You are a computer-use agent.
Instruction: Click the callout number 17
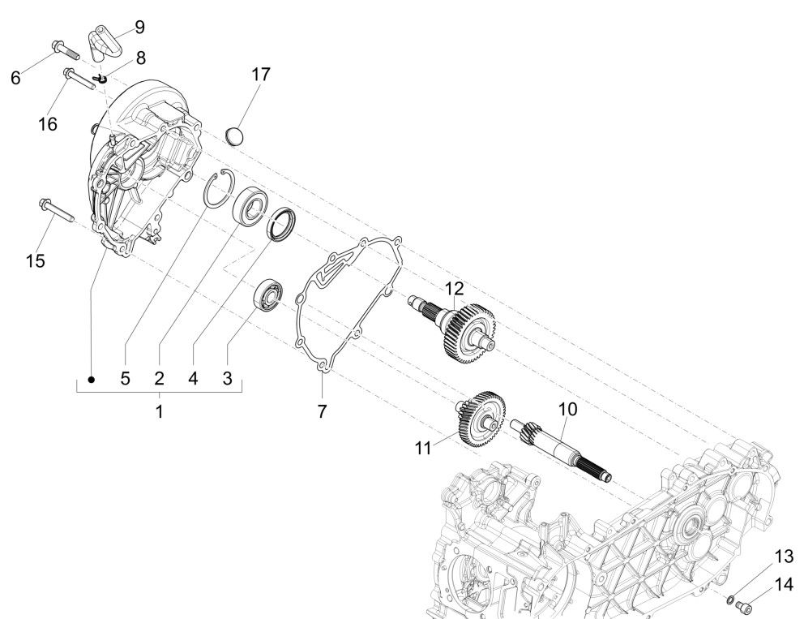tap(260, 74)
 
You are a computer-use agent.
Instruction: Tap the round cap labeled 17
tap(234, 135)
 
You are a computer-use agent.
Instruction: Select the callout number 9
tap(139, 27)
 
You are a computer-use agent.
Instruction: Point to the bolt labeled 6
tap(61, 49)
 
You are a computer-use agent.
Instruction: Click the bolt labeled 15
tap(55, 210)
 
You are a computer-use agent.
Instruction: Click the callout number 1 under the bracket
tap(160, 411)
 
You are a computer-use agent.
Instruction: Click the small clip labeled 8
tap(103, 78)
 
